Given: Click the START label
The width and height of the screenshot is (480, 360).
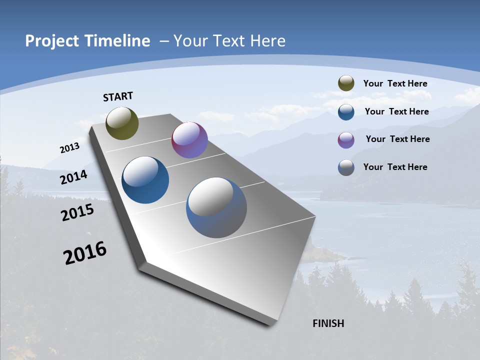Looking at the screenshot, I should [x=118, y=96].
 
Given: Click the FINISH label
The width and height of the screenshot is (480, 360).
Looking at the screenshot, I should [x=328, y=323].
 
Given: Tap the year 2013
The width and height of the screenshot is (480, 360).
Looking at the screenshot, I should [x=69, y=148].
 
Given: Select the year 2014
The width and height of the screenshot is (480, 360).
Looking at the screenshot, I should [x=73, y=177].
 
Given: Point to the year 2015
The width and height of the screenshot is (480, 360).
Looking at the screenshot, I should [x=77, y=212].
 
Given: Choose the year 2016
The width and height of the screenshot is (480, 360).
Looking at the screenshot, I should [x=85, y=253].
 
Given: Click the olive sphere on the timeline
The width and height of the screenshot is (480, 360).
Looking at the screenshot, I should [x=122, y=123].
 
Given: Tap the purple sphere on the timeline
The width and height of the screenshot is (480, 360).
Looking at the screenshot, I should [x=189, y=140].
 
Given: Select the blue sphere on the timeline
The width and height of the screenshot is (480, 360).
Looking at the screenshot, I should [x=145, y=180].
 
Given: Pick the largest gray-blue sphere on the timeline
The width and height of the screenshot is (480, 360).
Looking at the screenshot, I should [x=216, y=207].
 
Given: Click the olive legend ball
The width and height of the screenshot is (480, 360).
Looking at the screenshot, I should [x=346, y=83].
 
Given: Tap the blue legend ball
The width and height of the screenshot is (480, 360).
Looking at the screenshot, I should [x=346, y=112].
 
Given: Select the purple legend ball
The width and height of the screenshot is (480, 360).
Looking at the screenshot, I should [x=346, y=140].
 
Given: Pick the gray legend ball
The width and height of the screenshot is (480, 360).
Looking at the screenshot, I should [x=346, y=167].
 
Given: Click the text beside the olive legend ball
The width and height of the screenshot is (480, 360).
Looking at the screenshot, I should [x=395, y=83].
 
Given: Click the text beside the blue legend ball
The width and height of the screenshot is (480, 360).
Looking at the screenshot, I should [x=396, y=111].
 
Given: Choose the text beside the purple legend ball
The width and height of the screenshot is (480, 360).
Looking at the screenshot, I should [x=397, y=139].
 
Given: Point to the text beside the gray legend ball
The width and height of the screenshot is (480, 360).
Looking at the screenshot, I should [x=395, y=167].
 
